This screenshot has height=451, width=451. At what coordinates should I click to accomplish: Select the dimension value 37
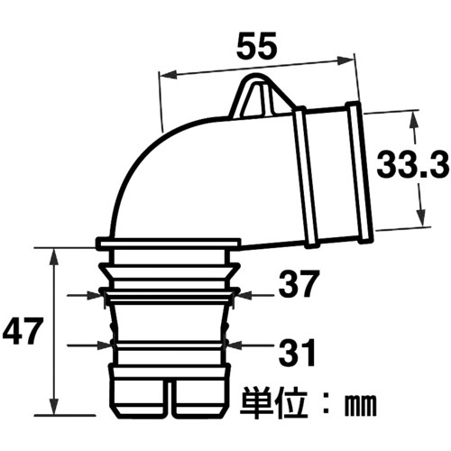pos(298,283)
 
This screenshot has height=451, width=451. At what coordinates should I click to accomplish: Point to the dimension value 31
pos(297,352)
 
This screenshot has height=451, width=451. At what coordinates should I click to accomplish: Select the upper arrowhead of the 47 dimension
pos(54,258)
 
